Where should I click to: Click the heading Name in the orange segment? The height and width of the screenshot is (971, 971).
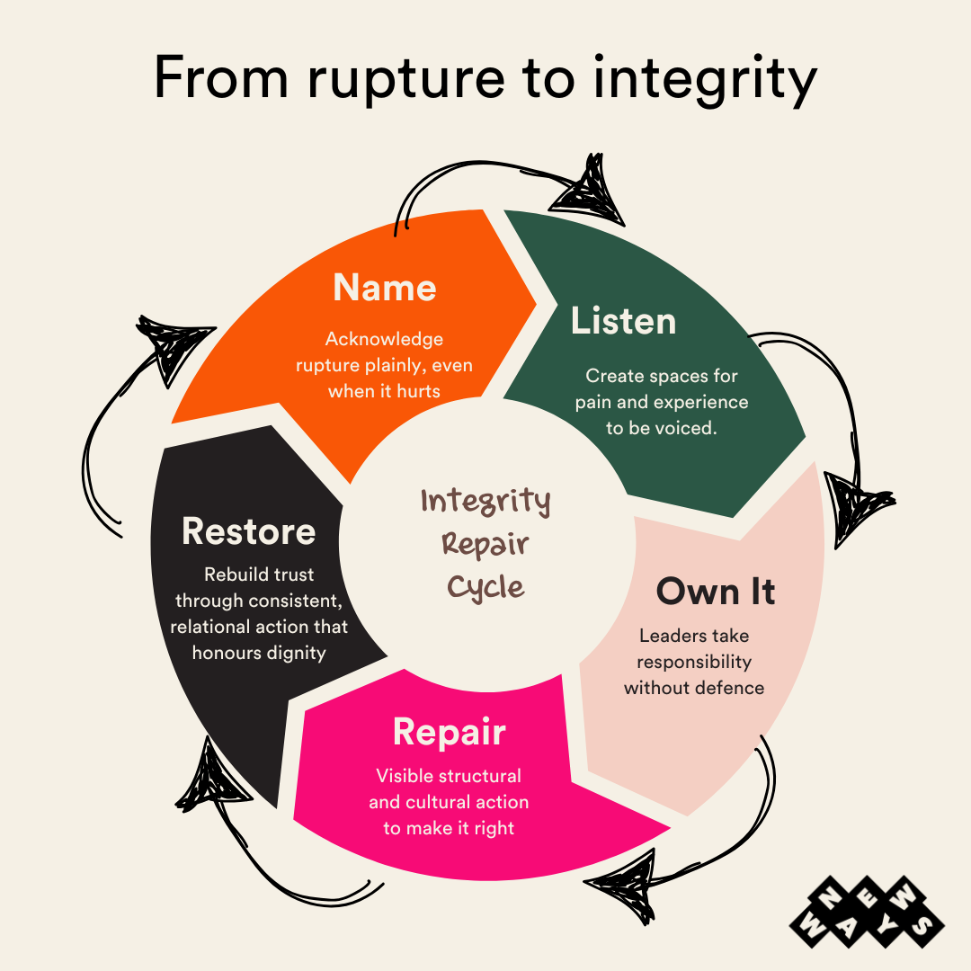coord(384,288)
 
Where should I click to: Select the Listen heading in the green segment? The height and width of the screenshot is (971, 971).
coord(623,321)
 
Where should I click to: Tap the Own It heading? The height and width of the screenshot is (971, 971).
coord(715,592)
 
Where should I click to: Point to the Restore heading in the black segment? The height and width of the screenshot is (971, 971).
coord(248,531)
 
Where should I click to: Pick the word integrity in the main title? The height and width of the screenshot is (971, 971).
coord(704,79)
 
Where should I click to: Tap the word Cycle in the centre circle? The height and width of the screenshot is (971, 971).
coord(485,588)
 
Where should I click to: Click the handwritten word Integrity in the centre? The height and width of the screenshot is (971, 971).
coord(485,501)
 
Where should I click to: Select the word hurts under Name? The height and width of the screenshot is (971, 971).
coord(416,391)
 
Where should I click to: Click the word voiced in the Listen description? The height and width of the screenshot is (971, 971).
coord(686,428)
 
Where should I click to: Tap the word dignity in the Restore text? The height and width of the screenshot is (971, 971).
coord(295,653)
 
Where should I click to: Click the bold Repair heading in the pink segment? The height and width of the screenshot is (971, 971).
coord(449,733)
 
